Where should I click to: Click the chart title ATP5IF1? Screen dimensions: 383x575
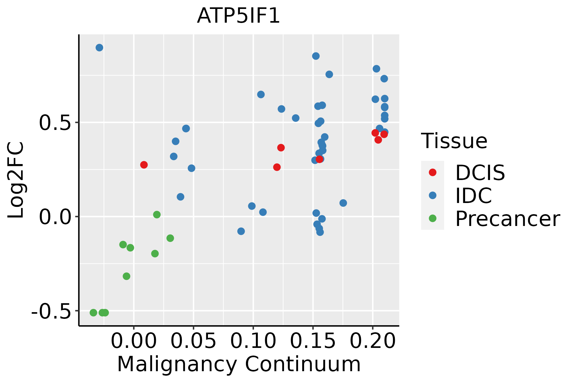[238, 16]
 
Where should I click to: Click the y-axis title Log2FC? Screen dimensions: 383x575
[16, 180]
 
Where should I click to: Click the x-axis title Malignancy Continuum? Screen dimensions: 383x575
[239, 364]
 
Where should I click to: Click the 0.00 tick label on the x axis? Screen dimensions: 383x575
[134, 342]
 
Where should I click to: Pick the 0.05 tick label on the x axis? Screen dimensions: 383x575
[193, 342]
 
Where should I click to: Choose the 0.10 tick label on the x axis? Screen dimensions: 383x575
[253, 342]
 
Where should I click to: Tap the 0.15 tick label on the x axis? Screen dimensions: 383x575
[313, 342]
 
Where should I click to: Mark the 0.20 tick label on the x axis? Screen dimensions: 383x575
[372, 342]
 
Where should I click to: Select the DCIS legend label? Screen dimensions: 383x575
[480, 173]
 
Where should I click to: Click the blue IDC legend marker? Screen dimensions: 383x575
[433, 195]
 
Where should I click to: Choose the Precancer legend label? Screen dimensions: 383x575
[507, 219]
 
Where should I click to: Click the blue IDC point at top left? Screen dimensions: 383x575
[99, 48]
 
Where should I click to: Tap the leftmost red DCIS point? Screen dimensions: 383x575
[144, 165]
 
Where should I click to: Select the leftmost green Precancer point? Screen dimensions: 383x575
[93, 312]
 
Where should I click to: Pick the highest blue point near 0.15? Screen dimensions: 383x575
[316, 56]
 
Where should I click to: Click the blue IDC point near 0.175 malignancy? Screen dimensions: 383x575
[343, 203]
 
